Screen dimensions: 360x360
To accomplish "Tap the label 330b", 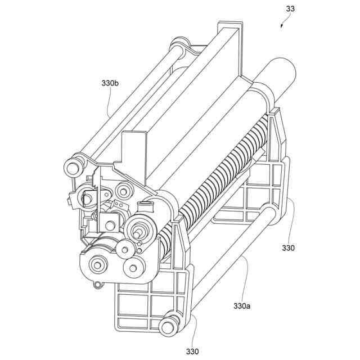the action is coord(110,83).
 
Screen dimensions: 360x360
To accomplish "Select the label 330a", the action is coord(242,306).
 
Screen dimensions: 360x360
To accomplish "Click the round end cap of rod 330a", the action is coord(167,326).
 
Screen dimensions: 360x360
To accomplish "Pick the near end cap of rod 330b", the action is coord(73,167).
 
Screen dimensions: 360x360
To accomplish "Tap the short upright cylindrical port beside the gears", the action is coord(148,206).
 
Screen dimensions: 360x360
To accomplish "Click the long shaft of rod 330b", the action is coord(129,104).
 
